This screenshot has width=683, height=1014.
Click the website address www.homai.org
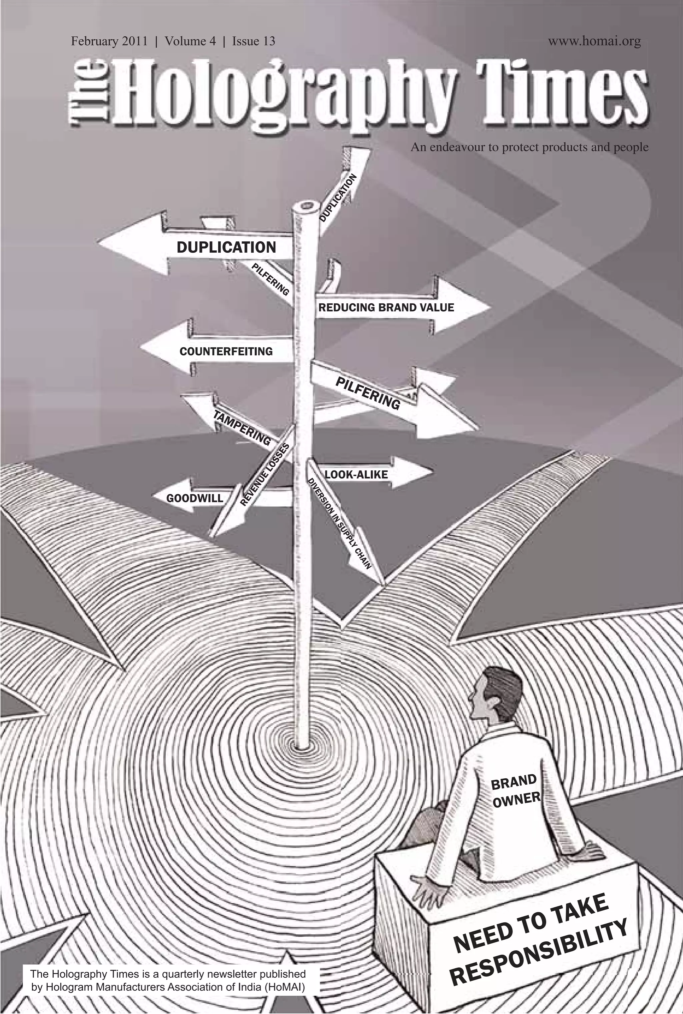pos(594,42)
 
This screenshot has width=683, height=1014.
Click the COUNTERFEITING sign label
pos(226,351)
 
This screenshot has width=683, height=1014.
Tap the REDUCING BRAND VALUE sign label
pos(386,307)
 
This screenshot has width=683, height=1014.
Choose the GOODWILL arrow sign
pos(195,498)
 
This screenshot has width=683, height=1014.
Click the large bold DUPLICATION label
pos(226,247)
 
